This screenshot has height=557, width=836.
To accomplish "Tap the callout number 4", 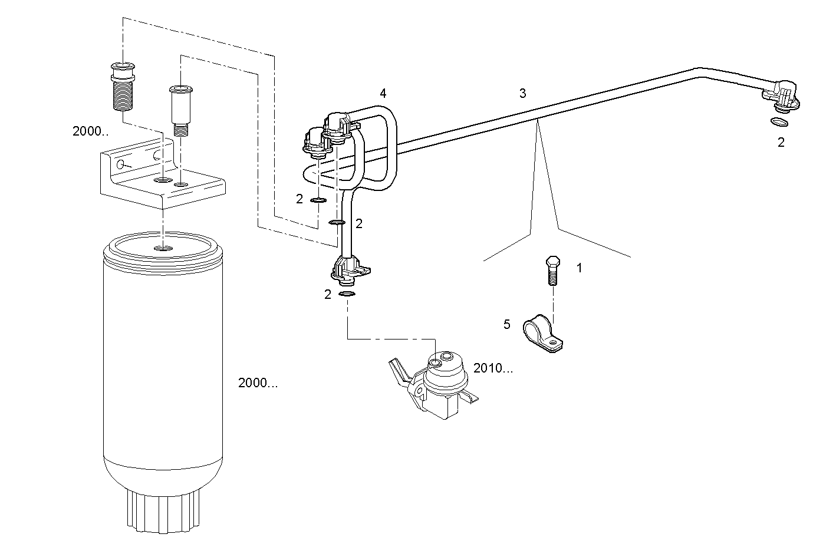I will click(x=383, y=93).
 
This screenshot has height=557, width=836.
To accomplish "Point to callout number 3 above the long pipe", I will click(x=522, y=93).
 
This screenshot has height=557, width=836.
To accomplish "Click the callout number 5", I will click(x=506, y=324).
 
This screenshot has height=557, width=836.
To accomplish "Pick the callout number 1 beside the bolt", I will click(x=579, y=268).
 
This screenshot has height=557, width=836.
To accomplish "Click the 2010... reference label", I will click(x=493, y=368).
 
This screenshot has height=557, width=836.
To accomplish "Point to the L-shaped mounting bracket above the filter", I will click(x=162, y=174).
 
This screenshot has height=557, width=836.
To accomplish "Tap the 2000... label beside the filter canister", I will click(x=258, y=383).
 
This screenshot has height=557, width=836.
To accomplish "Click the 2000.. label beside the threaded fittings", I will click(x=91, y=131).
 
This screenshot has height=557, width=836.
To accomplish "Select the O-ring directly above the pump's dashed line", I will click(x=348, y=294).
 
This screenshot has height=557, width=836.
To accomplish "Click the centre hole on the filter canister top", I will click(x=162, y=248).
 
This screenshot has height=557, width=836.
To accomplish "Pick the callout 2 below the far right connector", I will click(x=781, y=142).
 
